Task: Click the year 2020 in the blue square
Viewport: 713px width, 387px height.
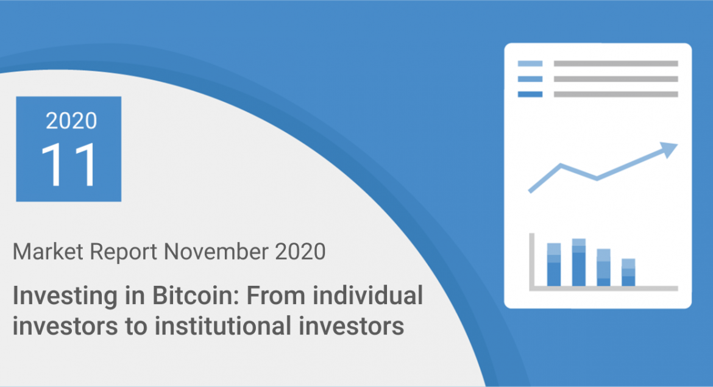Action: pos(71,121)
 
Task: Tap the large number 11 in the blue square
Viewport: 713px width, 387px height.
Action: pos(69,165)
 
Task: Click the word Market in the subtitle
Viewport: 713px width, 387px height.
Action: pos(46,251)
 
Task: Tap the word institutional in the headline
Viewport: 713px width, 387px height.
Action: pos(232,326)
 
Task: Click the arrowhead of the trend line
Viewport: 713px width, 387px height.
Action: pos(670,149)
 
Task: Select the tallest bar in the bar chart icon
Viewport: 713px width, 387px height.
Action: pos(579,262)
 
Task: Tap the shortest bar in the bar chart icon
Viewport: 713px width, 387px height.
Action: pos(628,272)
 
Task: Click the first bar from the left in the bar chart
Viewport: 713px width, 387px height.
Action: pos(554,265)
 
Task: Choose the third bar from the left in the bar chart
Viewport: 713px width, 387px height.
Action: pos(603,268)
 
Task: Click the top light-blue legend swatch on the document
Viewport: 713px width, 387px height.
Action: pos(530,63)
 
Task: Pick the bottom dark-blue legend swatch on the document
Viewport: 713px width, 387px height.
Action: pos(530,94)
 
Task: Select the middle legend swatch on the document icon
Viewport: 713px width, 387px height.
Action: pos(530,79)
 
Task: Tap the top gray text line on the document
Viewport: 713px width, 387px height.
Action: pos(615,63)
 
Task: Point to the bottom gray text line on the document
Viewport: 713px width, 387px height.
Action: pos(615,94)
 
